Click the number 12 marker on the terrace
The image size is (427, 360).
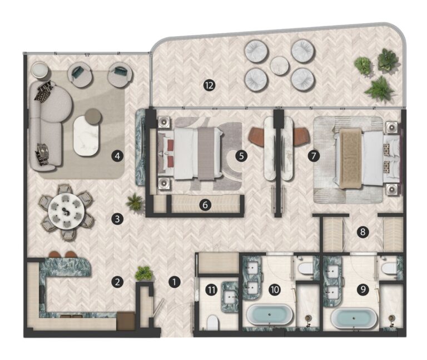209,85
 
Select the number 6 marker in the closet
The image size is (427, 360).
205,204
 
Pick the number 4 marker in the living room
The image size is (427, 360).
117,156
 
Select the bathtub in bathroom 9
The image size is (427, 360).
355,318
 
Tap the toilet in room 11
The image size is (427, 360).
212,322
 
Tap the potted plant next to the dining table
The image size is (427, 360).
135,202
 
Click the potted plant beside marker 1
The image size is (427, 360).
144,273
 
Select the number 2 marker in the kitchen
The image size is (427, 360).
117,282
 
